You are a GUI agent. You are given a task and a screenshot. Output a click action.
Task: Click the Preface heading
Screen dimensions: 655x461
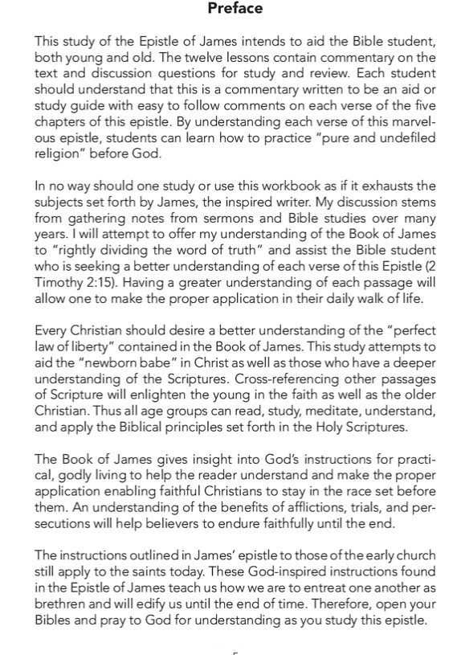(235, 9)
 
